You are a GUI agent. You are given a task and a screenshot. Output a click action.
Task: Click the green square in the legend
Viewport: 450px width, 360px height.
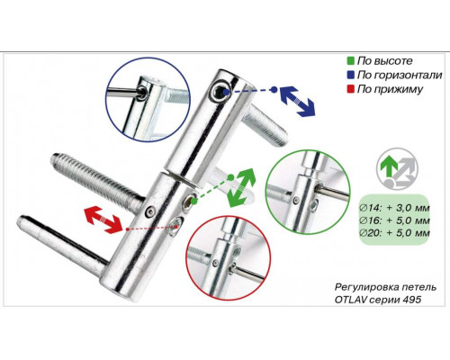[350, 61]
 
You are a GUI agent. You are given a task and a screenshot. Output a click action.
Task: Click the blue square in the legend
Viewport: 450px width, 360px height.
[350, 75]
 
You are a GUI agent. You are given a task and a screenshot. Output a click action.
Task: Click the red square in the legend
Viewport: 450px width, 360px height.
[350, 89]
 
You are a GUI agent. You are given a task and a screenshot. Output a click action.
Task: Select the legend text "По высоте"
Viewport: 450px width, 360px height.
[385, 61]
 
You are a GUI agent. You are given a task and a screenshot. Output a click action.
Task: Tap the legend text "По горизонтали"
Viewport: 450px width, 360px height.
[400, 75]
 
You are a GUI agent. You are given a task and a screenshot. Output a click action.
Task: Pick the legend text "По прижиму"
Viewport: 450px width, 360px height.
[390, 89]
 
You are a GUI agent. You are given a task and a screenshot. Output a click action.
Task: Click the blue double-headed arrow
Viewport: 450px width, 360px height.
[297, 101]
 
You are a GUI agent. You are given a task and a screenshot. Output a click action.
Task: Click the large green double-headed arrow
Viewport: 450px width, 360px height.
[241, 187]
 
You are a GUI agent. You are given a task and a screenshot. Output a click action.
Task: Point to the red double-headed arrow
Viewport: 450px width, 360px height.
[103, 219]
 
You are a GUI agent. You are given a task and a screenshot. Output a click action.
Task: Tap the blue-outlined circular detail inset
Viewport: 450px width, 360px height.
[148, 99]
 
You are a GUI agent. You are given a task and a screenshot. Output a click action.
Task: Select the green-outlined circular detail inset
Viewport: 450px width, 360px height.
[309, 192]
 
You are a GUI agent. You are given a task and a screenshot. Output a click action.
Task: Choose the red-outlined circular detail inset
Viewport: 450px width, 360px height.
[229, 258]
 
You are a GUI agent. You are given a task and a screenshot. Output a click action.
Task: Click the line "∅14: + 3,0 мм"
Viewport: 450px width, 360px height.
[395, 208]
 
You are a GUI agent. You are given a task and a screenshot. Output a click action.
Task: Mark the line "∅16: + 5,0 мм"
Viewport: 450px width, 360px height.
[395, 220]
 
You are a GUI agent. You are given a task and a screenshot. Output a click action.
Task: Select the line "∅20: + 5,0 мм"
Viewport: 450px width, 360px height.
[395, 233]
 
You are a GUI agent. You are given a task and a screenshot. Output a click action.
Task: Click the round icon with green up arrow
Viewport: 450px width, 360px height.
[397, 169]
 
